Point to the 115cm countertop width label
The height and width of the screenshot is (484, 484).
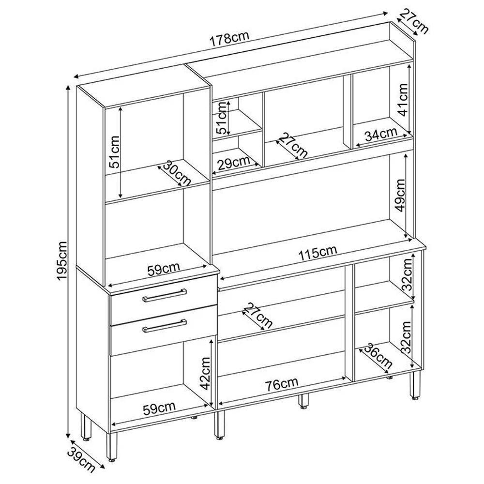click(317, 253)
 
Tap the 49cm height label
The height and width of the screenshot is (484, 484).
click(400, 195)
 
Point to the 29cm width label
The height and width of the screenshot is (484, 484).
click(233, 163)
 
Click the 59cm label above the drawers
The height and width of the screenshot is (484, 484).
click(164, 268)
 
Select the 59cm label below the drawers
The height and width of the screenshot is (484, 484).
click(159, 408)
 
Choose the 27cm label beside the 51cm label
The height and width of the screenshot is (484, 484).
click(292, 145)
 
